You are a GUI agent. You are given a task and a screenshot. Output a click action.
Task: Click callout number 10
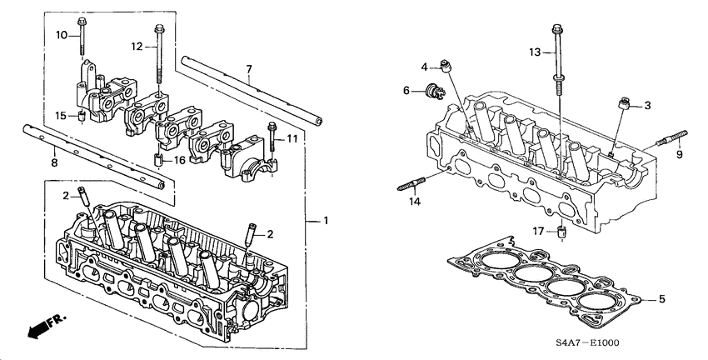coord(61,34)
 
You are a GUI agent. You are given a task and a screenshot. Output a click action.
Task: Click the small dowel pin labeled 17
coord(562,232)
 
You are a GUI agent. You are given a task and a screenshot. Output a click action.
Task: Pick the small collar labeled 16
coord(157,158)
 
